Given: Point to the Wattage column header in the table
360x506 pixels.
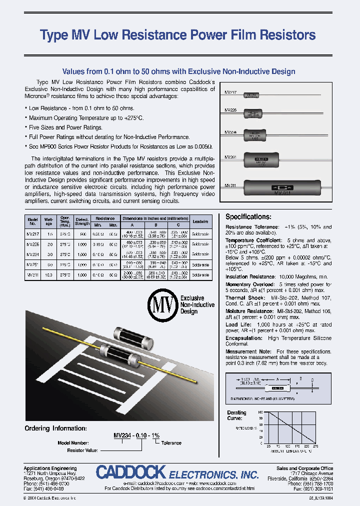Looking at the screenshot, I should pos(49,221).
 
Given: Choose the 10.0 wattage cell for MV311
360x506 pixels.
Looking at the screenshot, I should pos(49,274).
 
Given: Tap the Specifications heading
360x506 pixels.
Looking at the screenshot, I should pos(248,217).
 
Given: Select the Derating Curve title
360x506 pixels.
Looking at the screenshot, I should pos(236,415).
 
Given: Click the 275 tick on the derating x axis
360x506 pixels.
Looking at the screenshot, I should pos(315,446).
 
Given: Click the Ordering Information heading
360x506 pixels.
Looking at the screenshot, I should pos(56,428).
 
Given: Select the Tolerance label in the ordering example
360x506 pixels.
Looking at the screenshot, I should pos(171,443).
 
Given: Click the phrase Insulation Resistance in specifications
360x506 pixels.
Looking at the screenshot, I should pos(250,276).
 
